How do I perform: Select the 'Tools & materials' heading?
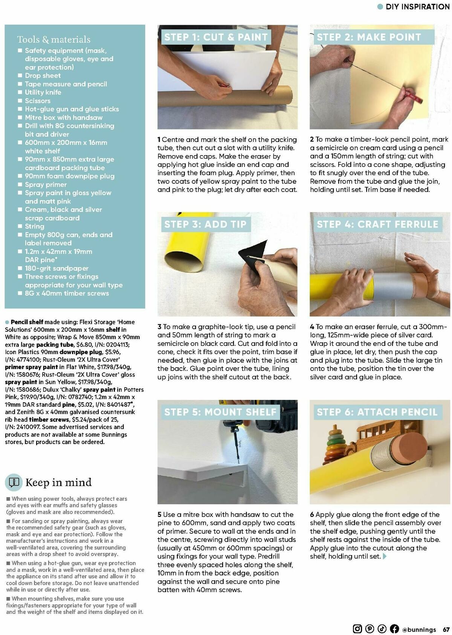pos(54,40)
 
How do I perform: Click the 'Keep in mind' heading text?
pos(58,482)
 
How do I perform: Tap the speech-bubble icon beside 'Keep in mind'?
pos(14,482)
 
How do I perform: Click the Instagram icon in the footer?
pos(357,629)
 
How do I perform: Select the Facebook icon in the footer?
pos(394,629)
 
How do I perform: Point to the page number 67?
pos(446,629)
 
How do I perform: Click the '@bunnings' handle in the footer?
pos(419,629)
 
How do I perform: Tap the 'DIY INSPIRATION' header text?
pos(417,6)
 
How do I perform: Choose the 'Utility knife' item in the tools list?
pos(43,92)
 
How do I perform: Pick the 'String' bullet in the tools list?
pos(35,226)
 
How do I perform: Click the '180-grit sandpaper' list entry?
pos(56,269)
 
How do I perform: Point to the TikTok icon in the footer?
pos(382,629)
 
